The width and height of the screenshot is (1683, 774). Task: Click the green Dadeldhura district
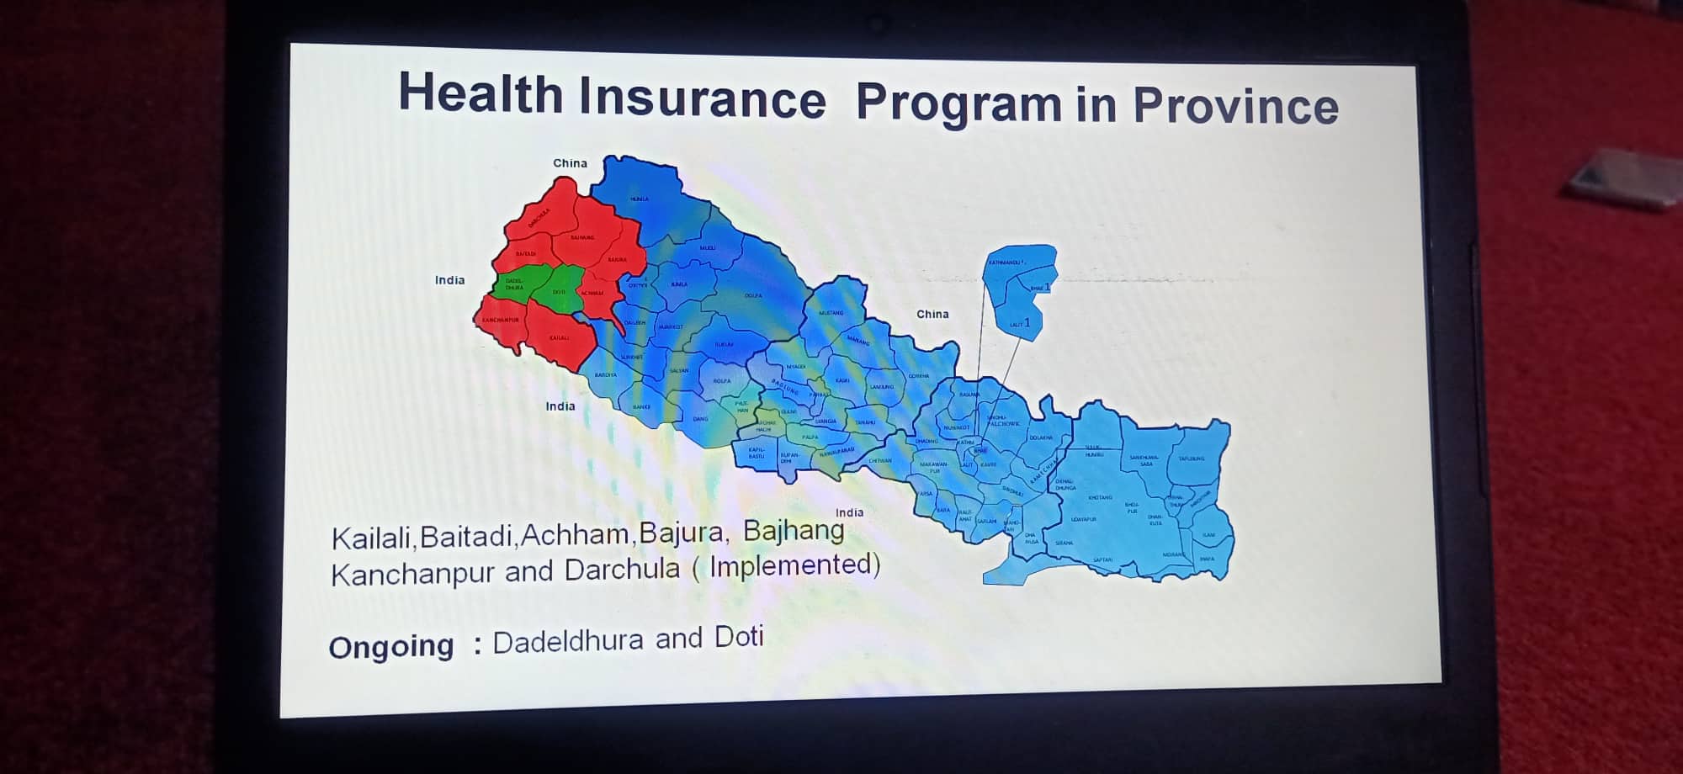click(513, 286)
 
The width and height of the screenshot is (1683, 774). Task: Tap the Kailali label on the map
click(560, 338)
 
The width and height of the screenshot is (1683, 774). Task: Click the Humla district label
click(640, 199)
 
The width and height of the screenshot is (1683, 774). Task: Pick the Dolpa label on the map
click(753, 295)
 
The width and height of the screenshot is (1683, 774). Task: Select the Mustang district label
click(831, 313)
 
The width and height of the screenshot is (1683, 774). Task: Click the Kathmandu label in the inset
click(1006, 263)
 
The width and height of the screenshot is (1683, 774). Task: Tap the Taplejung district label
click(1191, 459)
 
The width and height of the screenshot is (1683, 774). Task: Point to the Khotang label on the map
click(1100, 497)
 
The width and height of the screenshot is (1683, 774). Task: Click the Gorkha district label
click(919, 376)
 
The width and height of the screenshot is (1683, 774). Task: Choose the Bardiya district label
click(606, 375)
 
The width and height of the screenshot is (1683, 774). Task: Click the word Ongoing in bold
click(390, 647)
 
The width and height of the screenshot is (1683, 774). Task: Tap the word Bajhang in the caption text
click(794, 531)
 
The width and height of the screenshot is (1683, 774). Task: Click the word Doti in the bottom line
click(739, 637)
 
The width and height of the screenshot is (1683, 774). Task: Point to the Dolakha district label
click(1041, 437)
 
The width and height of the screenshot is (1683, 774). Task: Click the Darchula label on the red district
click(539, 220)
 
